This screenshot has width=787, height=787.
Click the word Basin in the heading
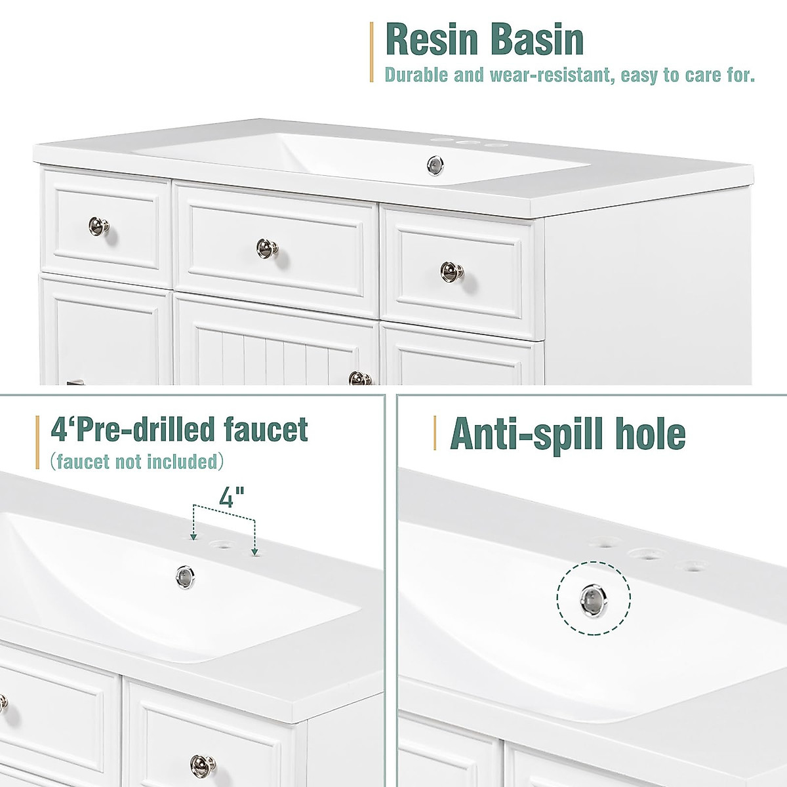(536, 39)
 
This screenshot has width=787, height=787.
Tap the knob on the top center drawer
(268, 248)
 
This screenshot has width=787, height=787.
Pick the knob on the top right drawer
(451, 270)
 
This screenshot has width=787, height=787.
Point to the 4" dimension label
(227, 497)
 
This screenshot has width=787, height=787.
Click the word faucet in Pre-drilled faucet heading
(266, 430)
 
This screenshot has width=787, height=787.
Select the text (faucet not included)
(136, 462)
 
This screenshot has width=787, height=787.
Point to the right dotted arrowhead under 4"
(254, 552)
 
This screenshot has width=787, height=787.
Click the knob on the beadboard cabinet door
(358, 378)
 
